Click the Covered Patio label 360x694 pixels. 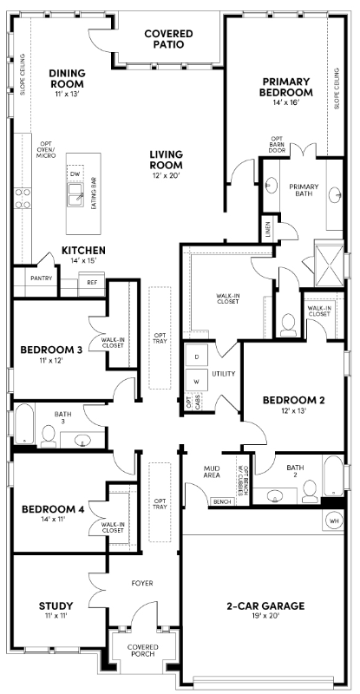[168, 38]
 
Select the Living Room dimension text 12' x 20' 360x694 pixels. [165, 175]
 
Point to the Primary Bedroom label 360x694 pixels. [286, 87]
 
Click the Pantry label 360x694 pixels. [41, 278]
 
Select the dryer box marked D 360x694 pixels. [197, 357]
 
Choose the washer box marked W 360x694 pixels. [197, 382]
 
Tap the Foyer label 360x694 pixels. [142, 583]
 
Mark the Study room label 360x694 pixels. [56, 605]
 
